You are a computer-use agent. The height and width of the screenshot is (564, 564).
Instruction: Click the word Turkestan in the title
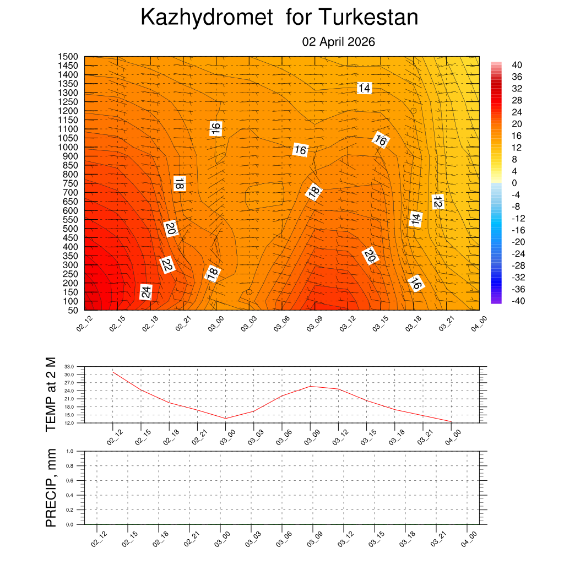pos(367,18)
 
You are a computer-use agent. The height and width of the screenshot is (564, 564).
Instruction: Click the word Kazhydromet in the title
pos(207,18)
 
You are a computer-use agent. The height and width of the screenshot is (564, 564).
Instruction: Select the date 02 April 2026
pos(339,42)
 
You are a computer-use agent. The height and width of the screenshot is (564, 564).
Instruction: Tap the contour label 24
pos(146,292)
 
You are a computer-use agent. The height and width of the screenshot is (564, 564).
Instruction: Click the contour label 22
pos(167,265)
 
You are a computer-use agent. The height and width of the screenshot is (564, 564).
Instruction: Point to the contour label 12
pos(438,202)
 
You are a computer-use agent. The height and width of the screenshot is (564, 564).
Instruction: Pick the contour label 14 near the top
pos(364,88)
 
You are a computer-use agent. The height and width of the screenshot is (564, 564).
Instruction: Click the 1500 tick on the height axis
pos(68,57)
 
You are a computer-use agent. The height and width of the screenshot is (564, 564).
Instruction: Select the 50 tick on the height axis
pos(73,310)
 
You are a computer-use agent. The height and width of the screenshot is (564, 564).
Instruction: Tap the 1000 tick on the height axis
pos(68,147)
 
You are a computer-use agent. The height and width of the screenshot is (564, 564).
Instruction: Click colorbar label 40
pos(517,64)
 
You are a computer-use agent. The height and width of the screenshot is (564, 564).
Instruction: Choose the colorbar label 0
pos(514,183)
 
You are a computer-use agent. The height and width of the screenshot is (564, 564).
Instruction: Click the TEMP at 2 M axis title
pos(51,394)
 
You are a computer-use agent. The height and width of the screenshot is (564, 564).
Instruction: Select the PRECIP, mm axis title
pos(51,487)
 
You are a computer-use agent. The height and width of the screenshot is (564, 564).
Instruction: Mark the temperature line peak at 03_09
pos(310,386)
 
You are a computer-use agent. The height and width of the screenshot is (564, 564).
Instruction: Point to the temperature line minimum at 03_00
pos(225,419)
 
